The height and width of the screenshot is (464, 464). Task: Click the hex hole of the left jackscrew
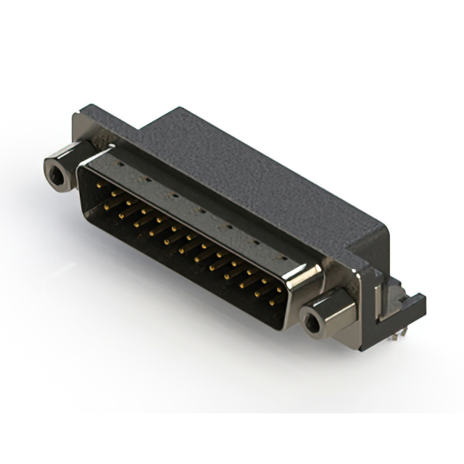(x=55, y=173)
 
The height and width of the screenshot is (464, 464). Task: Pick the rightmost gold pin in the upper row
(x=278, y=290)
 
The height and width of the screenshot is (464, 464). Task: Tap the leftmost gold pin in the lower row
(x=106, y=207)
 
